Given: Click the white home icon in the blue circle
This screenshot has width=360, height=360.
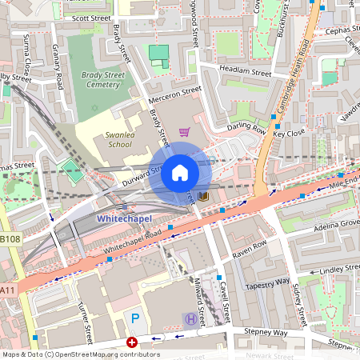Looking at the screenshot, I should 180,172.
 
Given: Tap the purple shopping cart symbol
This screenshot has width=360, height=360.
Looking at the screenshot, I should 185,132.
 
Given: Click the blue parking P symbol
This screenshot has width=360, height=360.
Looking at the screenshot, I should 135,318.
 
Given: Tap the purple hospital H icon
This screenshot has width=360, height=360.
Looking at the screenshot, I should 190,318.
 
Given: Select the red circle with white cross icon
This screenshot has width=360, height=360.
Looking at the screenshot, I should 132,342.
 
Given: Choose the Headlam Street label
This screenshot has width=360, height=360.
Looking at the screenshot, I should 246,72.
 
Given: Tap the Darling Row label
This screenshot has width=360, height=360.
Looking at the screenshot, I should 247,126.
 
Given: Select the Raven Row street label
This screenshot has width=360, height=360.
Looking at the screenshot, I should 249,248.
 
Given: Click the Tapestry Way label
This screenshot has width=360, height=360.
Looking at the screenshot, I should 267,282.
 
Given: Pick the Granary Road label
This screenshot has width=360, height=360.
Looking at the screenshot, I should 57,71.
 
